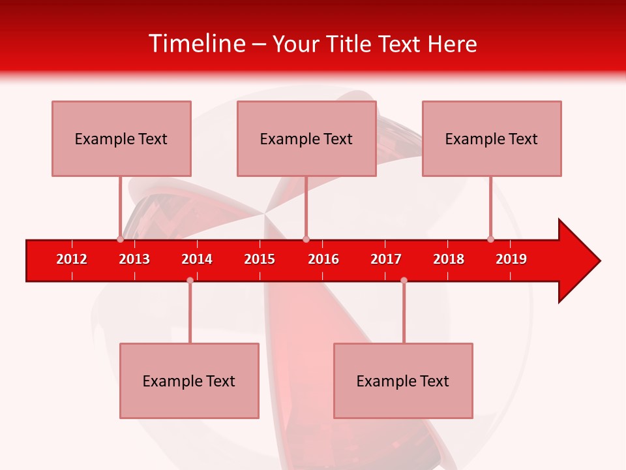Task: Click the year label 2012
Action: (x=72, y=259)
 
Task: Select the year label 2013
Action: (x=134, y=259)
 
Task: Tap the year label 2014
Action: (x=197, y=259)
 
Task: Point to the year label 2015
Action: (x=260, y=259)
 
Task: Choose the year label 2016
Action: (x=323, y=259)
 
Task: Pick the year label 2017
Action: (x=386, y=259)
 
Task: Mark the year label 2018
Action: (x=449, y=259)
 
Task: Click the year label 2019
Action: (x=511, y=259)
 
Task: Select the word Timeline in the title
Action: (x=196, y=44)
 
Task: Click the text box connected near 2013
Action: (x=121, y=138)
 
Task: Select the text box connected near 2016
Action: (x=306, y=138)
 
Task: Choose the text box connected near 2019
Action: (x=492, y=138)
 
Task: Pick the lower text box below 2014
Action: (x=189, y=381)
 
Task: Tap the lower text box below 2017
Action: (x=403, y=381)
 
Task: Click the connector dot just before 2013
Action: (x=120, y=240)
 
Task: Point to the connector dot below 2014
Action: (x=190, y=280)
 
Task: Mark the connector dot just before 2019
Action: (x=490, y=240)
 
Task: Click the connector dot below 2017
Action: (x=404, y=280)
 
